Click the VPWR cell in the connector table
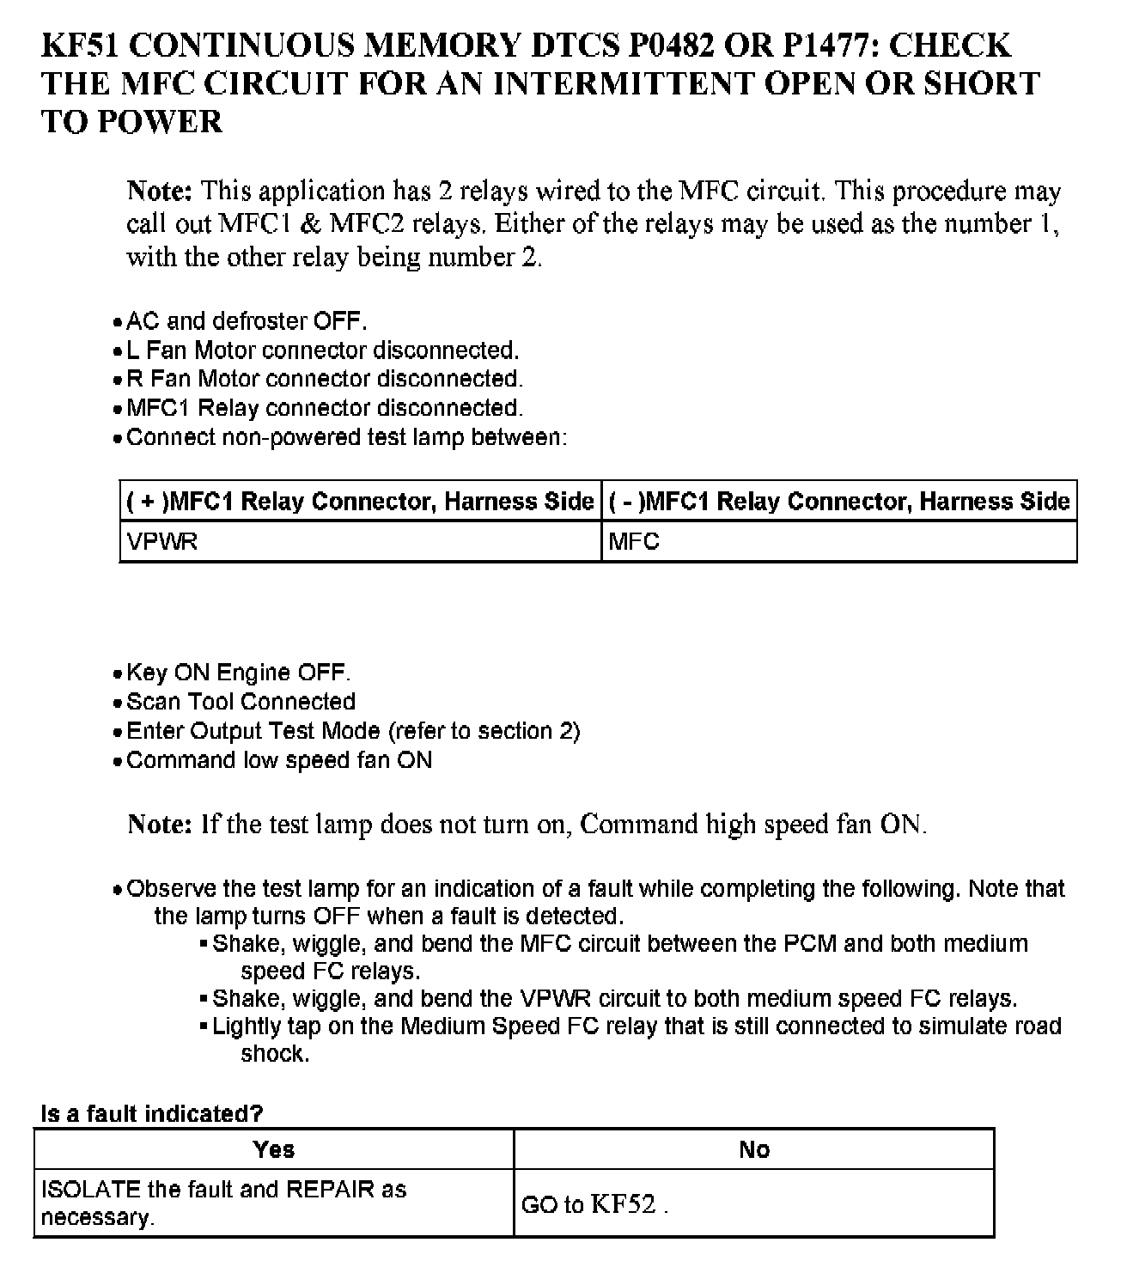161,542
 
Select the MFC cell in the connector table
634,542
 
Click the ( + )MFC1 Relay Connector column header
360,501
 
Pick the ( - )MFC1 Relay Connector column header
839,501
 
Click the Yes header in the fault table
274,1149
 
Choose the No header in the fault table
753,1149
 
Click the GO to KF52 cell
594,1204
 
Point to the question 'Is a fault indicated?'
152,1113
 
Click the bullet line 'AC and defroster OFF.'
247,321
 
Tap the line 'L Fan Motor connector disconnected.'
322,350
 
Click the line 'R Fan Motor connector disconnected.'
325,379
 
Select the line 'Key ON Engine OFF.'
238,673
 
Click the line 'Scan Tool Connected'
241,702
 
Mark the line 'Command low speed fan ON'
279,760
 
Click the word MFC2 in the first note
368,224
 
